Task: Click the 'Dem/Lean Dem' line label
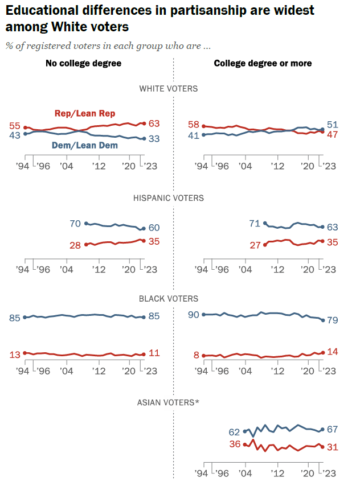point(85,145)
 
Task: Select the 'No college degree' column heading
point(84,63)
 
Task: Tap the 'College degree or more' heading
point(263,63)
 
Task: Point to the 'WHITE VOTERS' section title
point(169,88)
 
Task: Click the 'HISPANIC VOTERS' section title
point(168,198)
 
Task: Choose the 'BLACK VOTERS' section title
point(169,298)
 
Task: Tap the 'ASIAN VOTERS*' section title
point(168,402)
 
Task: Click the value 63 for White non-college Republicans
point(154,123)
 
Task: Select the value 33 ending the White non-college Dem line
point(154,138)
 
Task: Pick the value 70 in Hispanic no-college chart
point(75,224)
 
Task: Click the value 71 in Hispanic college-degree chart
point(254,224)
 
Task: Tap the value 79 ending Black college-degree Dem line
point(334,320)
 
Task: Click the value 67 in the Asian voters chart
point(333,429)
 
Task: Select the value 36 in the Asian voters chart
point(235,444)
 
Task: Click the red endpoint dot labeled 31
point(323,447)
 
